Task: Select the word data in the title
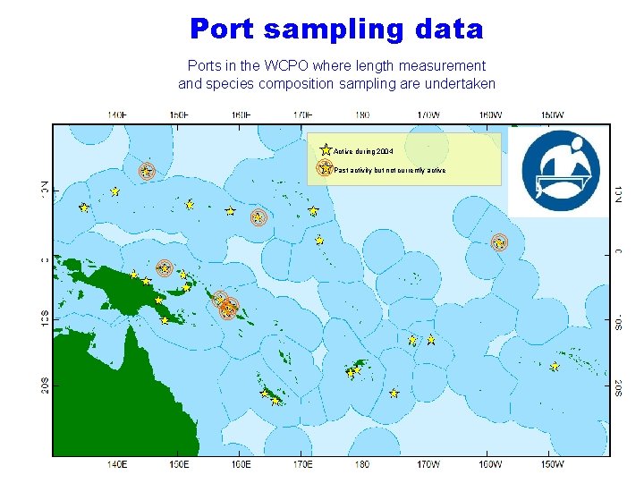click(x=449, y=29)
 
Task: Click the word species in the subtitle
click(x=233, y=84)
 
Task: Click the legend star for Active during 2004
click(x=326, y=150)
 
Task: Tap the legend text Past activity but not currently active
click(x=390, y=170)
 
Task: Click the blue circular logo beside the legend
click(x=559, y=172)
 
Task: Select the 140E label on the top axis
click(x=116, y=114)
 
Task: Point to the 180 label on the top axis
click(x=362, y=114)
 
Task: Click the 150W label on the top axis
click(x=552, y=114)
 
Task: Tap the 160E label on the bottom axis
click(x=241, y=464)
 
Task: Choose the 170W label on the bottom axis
click(x=428, y=464)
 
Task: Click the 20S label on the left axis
click(x=43, y=385)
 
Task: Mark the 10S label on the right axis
click(x=618, y=319)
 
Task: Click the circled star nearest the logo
click(x=499, y=242)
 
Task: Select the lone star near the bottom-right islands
click(x=555, y=367)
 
